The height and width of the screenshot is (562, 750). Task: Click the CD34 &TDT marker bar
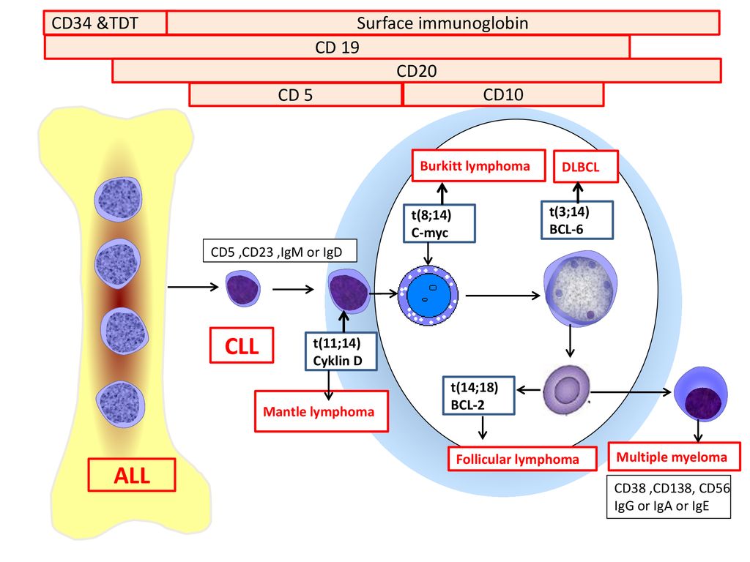click(105, 23)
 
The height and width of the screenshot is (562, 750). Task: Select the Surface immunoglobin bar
click(443, 23)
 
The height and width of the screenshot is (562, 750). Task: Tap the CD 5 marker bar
click(295, 94)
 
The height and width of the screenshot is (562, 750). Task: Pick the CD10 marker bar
click(503, 94)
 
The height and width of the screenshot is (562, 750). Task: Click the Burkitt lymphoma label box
click(478, 166)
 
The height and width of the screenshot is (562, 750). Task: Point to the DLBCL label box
click(585, 167)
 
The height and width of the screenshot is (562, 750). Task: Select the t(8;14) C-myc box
click(439, 223)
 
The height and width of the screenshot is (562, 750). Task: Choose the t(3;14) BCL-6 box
click(577, 220)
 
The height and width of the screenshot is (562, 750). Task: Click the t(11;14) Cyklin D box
click(341, 351)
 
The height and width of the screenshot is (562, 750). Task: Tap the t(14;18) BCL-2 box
click(478, 395)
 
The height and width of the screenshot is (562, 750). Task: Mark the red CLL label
click(242, 345)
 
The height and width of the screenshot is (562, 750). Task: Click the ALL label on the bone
click(132, 475)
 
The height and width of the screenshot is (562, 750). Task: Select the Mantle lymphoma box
click(321, 411)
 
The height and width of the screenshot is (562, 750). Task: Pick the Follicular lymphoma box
click(522, 459)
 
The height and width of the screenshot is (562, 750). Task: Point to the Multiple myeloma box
click(674, 457)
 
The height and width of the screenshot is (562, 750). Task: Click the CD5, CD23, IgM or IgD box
click(280, 251)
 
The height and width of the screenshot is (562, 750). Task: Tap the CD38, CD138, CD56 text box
click(669, 497)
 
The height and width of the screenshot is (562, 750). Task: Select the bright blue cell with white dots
click(428, 296)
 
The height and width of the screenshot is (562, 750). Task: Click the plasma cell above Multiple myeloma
click(701, 394)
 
